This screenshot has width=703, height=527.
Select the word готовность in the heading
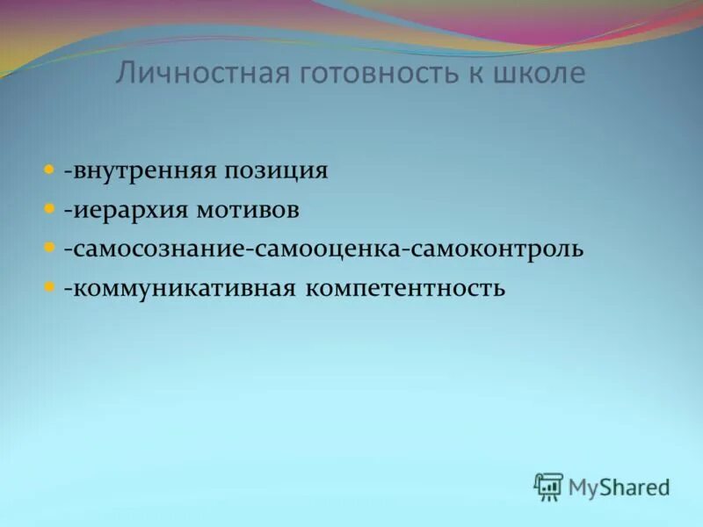(x=373, y=74)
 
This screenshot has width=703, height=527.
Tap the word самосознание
(x=158, y=249)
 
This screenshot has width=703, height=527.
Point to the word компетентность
(x=405, y=288)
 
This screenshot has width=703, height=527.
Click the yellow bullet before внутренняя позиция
(x=49, y=170)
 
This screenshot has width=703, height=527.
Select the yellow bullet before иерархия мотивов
(x=49, y=209)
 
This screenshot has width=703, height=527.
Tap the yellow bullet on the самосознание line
(x=49, y=248)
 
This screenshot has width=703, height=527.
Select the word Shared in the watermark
(x=636, y=487)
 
